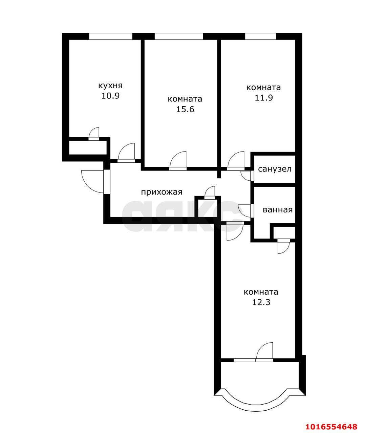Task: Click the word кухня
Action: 110,86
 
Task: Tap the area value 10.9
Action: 110,96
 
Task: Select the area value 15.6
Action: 185,109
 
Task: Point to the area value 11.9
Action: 263,98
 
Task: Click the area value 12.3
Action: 261,302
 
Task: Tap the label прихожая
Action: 162,192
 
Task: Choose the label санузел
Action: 275,169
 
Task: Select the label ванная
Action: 277,210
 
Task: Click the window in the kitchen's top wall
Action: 111,36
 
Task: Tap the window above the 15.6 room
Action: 179,36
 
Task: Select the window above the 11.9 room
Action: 260,36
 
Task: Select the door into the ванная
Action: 246,210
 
